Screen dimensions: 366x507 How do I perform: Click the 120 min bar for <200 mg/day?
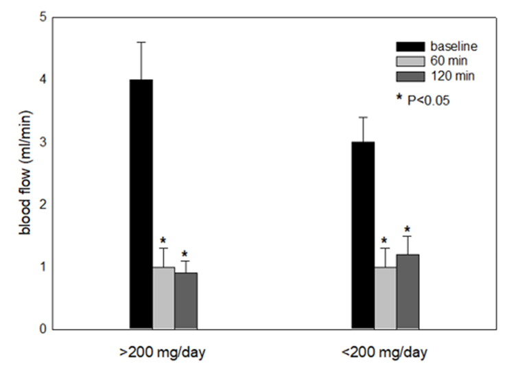(x=408, y=291)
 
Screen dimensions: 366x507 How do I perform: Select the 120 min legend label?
(x=449, y=76)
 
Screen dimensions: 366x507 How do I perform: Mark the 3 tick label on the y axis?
(x=43, y=142)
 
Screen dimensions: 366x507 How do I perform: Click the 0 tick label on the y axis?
(x=43, y=329)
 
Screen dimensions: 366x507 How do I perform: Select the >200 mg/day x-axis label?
(x=163, y=353)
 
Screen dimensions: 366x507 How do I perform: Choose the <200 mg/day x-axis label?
(x=385, y=353)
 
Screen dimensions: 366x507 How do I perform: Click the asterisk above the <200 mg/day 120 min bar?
(x=408, y=229)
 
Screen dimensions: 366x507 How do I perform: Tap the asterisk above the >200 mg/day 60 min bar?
(x=163, y=240)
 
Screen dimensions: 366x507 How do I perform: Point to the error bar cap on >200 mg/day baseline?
(x=141, y=43)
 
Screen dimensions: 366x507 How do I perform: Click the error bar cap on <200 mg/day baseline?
(x=363, y=117)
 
